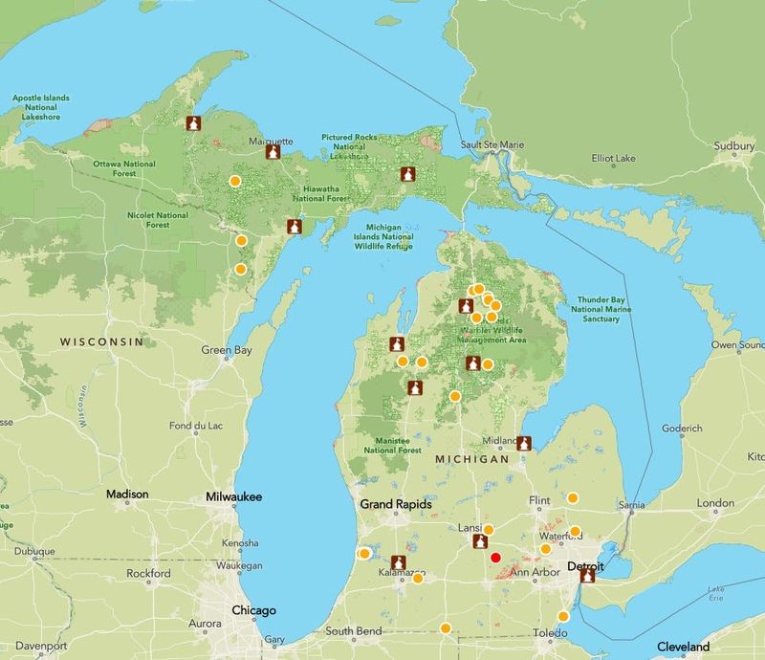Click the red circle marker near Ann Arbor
pyautogui.click(x=495, y=558)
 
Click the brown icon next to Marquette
pyautogui.click(x=273, y=152)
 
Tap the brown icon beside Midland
pyautogui.click(x=524, y=443)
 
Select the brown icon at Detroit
pyautogui.click(x=587, y=575)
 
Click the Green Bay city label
pyautogui.click(x=227, y=350)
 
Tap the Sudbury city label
pyautogui.click(x=733, y=146)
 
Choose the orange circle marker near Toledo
pyautogui.click(x=562, y=616)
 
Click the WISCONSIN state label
pyautogui.click(x=101, y=341)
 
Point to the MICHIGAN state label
pyautogui.click(x=471, y=459)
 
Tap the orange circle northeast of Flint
pyautogui.click(x=573, y=497)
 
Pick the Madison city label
pyautogui.click(x=127, y=495)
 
